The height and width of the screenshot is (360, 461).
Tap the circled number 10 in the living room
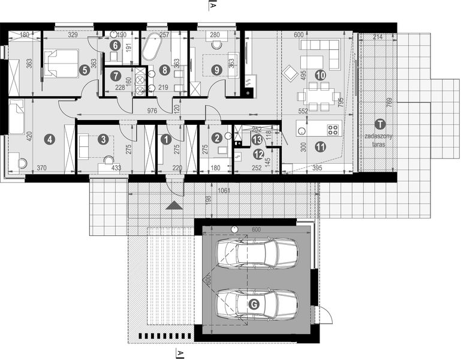320,75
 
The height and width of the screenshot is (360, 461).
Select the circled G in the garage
254,305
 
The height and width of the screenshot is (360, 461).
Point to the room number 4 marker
50,140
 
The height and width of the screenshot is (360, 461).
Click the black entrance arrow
174,206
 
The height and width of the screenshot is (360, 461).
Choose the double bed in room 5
60,64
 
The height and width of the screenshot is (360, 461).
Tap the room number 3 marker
103,140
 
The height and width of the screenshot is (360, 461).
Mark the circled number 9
216,70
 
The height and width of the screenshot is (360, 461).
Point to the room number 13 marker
257,140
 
